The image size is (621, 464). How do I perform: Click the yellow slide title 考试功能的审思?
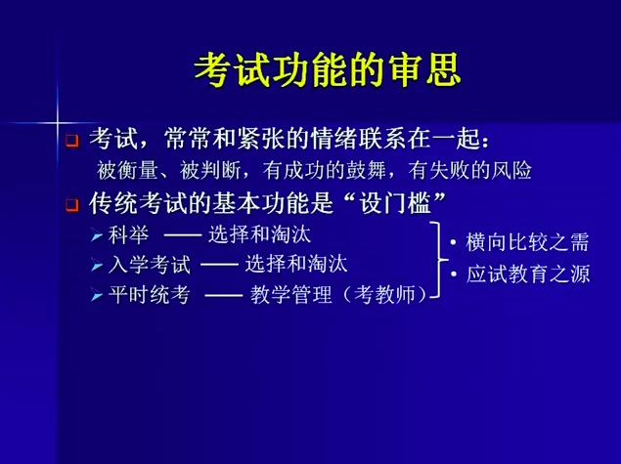pos(328,70)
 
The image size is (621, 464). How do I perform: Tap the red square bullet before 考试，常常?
pos(72,141)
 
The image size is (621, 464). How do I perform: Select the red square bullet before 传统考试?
pos(72,205)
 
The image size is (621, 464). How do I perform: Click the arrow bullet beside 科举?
pos(97,235)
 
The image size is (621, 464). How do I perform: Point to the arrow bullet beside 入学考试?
pos(97,265)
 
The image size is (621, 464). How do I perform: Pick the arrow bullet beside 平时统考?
pos(97,295)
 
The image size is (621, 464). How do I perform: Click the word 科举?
pos(129,235)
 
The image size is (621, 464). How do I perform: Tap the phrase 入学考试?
pos(150,265)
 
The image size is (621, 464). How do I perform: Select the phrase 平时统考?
pos(150,295)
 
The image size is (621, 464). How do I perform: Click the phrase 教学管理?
pos(291,295)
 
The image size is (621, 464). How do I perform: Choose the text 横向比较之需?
pos(527,242)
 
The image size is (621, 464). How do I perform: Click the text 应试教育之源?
pos(527,274)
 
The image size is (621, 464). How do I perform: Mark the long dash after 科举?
pos(183,235)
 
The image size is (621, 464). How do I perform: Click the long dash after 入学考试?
pos(220,266)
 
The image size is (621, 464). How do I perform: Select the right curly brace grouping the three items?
pos(439,260)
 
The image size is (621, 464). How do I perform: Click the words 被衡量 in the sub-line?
pos(127,171)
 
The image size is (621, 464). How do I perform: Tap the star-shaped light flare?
pos(58,123)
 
